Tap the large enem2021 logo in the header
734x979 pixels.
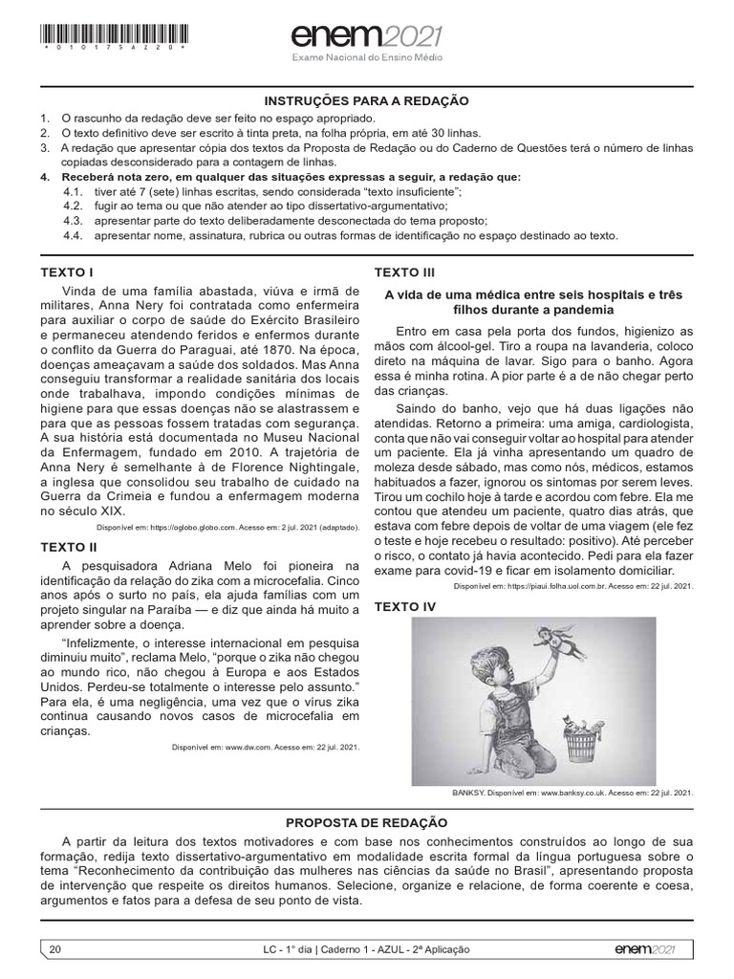coord(367,36)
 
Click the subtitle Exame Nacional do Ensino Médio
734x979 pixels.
coord(367,58)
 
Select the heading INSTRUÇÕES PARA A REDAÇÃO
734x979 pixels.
coord(367,100)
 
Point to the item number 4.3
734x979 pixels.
coord(73,220)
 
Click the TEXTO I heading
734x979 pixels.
coord(67,272)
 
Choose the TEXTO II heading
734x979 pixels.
coord(69,547)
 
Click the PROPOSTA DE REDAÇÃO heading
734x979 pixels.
coord(367,822)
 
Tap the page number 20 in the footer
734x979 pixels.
coord(54,948)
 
